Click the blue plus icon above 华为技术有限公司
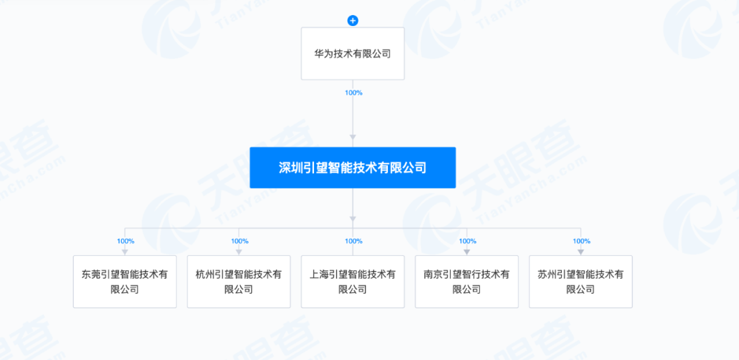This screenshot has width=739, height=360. [353, 21]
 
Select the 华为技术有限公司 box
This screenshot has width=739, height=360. [352, 53]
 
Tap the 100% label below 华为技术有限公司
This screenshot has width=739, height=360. [353, 92]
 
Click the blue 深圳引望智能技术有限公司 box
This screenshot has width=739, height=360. [352, 168]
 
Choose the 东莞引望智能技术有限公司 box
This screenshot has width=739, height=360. [125, 281]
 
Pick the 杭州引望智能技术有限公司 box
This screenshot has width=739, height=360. [239, 281]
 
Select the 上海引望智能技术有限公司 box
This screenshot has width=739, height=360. [352, 281]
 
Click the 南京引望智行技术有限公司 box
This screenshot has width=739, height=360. [467, 281]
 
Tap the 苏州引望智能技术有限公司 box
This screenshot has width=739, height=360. [580, 281]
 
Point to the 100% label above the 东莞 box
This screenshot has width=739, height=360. [125, 241]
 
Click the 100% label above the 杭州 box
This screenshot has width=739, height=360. [239, 241]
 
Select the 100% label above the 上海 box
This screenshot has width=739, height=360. [353, 241]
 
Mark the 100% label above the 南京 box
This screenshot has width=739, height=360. [467, 241]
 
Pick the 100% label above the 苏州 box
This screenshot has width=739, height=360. [582, 241]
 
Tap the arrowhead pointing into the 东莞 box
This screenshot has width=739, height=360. [125, 252]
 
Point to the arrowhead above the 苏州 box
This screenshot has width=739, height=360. [581, 252]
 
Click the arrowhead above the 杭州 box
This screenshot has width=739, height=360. [239, 252]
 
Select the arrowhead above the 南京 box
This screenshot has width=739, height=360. [467, 252]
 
